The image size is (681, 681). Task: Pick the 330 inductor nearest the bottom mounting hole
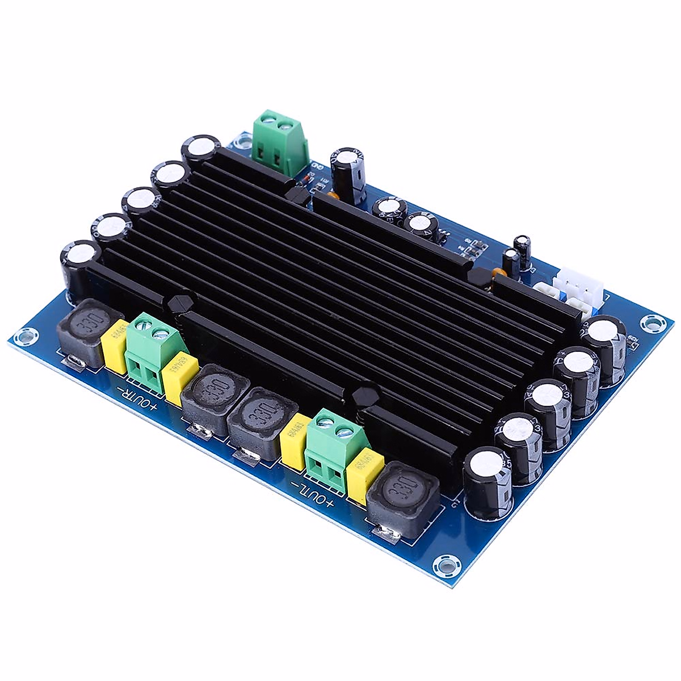tap(403, 499)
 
